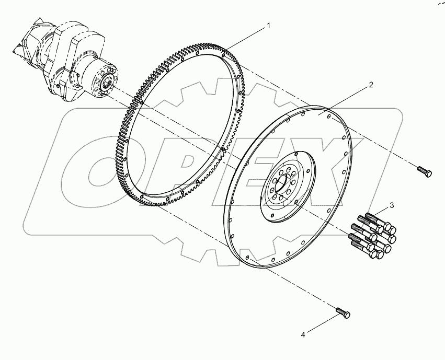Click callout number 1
click(269, 25)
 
